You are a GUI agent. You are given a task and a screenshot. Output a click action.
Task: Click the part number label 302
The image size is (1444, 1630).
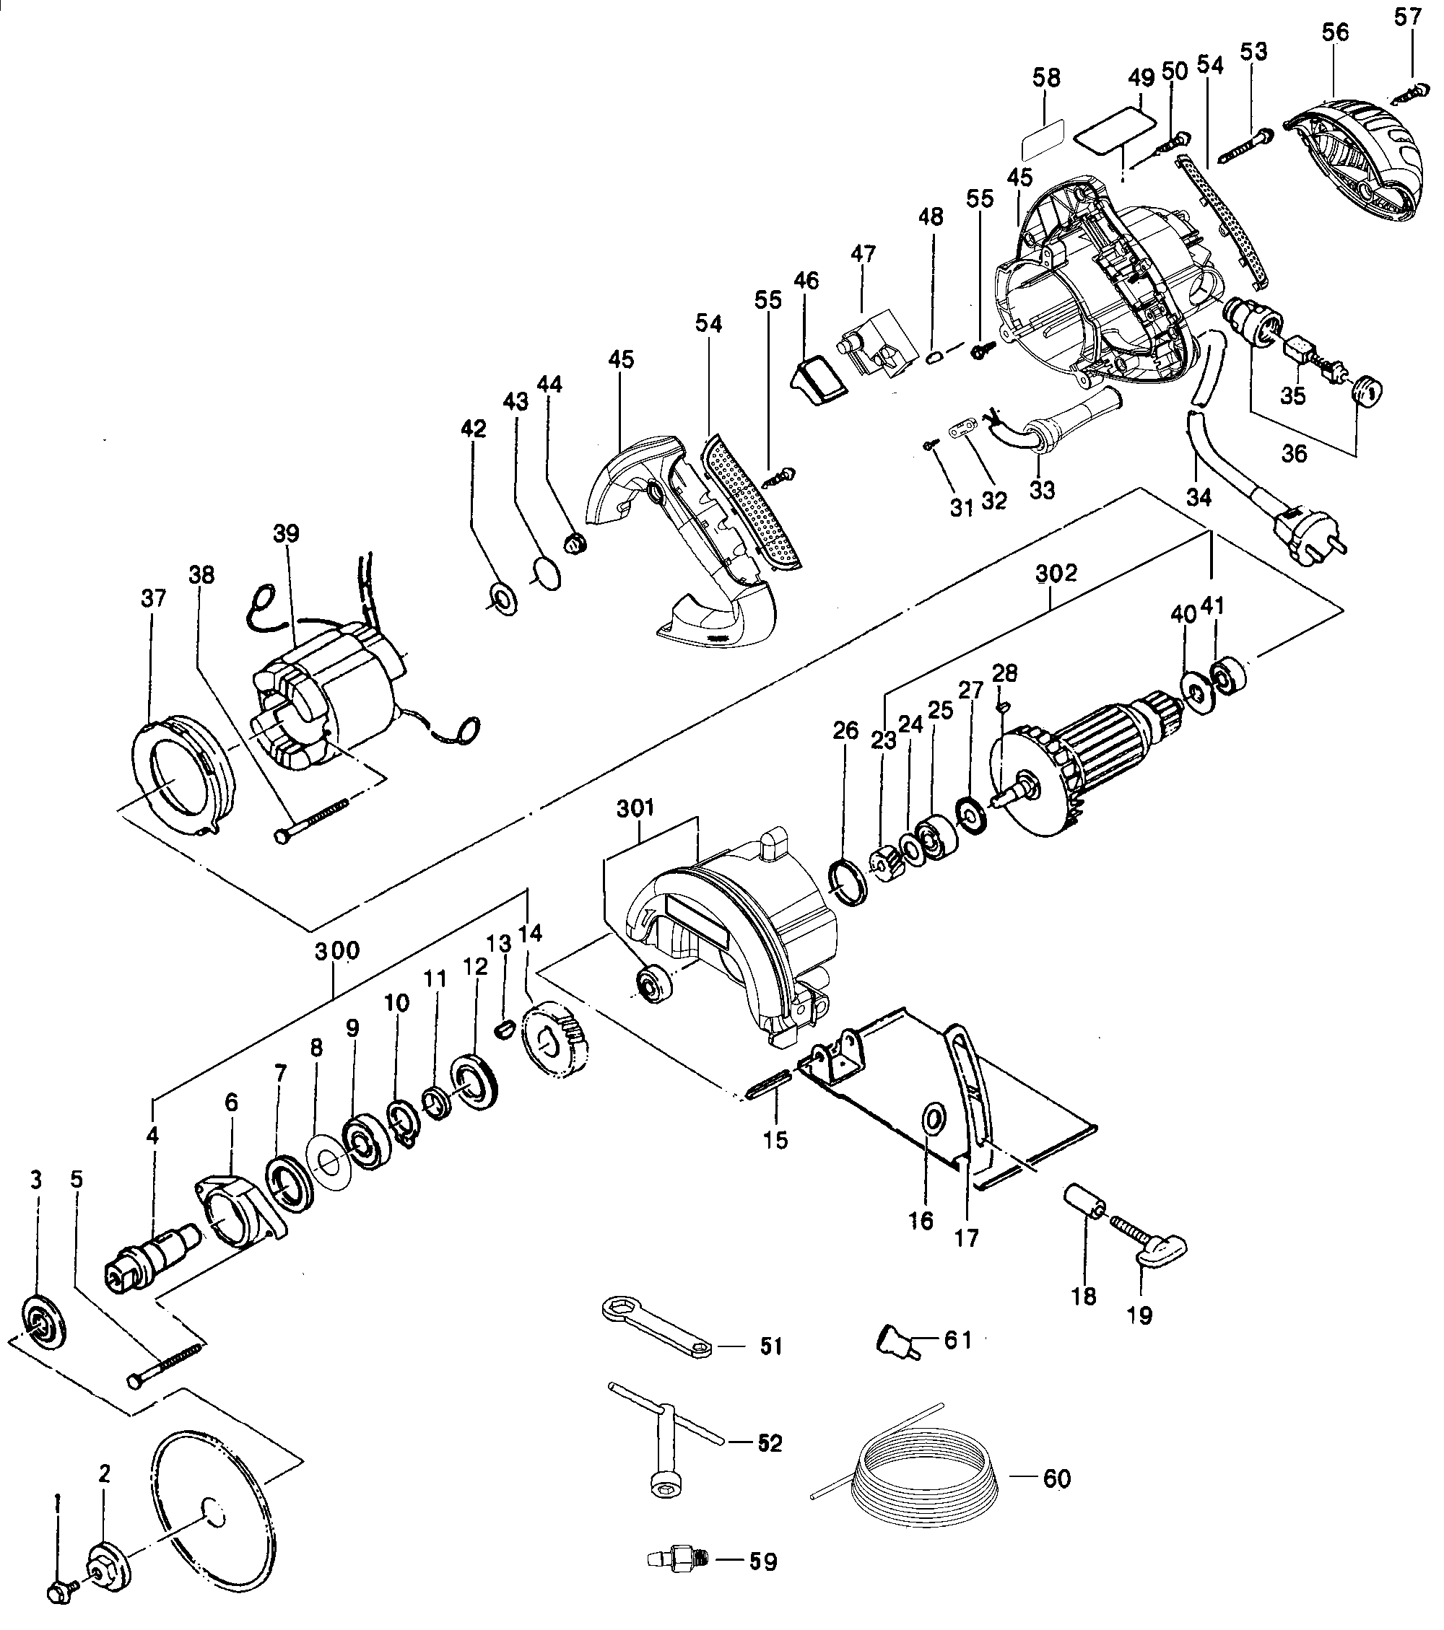[1056, 574]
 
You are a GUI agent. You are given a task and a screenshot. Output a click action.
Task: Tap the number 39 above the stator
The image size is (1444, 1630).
[286, 534]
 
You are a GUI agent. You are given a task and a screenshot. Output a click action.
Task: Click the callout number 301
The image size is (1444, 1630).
[635, 809]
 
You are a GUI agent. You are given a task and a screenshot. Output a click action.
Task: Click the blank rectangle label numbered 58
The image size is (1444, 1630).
[1044, 141]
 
